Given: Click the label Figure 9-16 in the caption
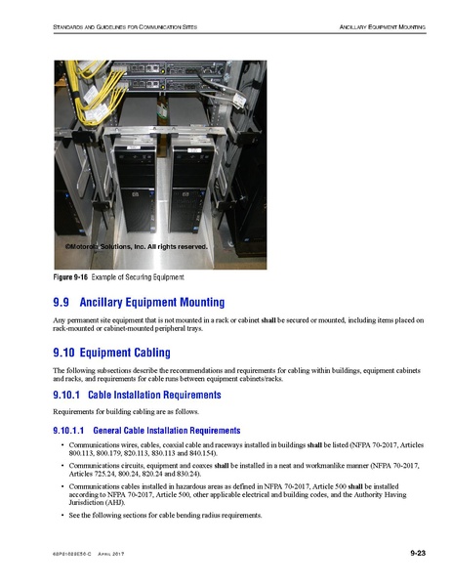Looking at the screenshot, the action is click(68, 278).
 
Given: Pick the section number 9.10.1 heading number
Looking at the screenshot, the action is click(64, 396).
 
